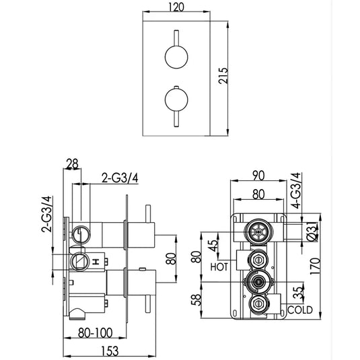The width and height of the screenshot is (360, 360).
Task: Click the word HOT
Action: [219, 267]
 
